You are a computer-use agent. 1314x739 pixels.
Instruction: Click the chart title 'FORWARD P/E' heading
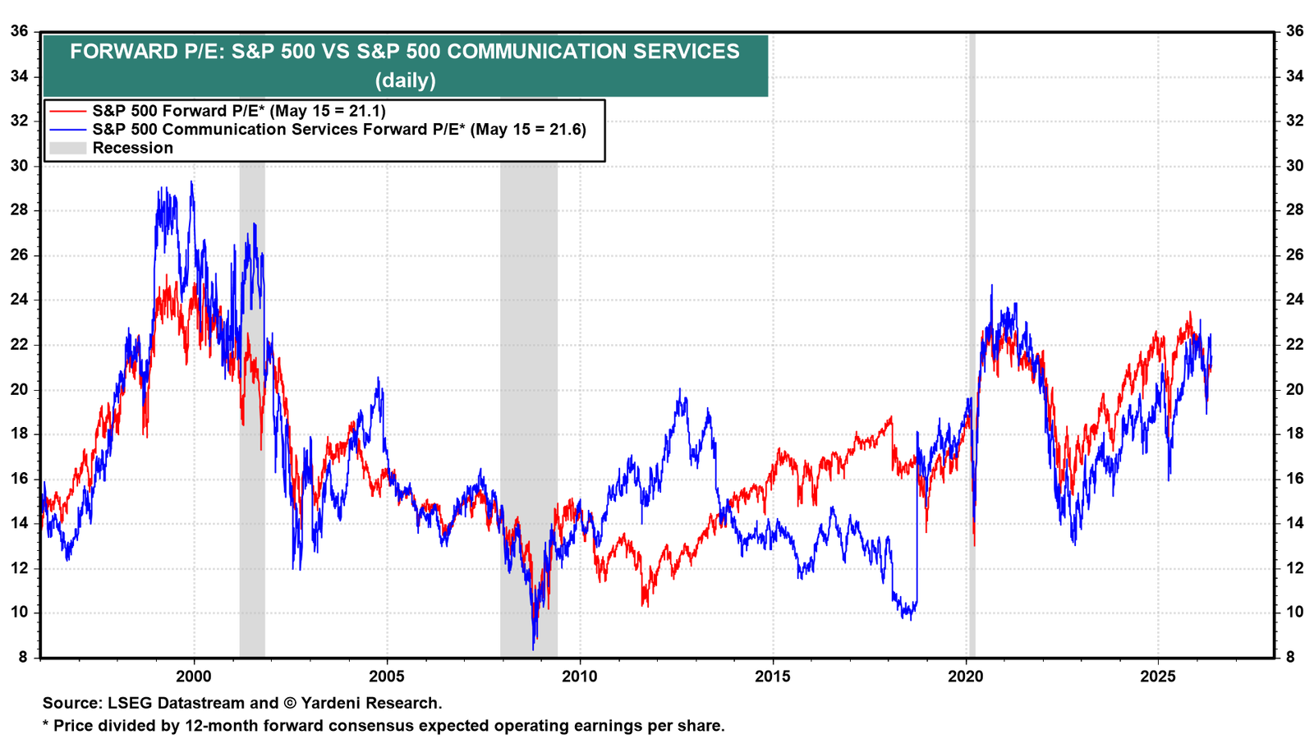[405, 52]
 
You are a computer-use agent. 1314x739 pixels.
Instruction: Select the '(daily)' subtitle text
[406, 80]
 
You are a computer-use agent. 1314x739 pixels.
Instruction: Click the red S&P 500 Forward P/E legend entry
[217, 111]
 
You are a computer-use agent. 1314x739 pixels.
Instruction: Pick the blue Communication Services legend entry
[317, 129]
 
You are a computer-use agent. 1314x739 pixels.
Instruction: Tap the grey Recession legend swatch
[67, 148]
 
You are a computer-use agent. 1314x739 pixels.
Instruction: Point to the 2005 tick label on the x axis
[387, 677]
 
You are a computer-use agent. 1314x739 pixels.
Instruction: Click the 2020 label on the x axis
[966, 677]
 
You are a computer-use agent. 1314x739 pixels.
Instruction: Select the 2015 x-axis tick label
[773, 677]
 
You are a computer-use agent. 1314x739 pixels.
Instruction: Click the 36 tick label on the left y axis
[20, 31]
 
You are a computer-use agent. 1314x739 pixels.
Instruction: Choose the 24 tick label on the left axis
[20, 300]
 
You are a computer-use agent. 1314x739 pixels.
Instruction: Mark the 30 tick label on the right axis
[1294, 165]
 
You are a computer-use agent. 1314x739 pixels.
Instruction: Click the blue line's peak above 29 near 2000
[191, 181]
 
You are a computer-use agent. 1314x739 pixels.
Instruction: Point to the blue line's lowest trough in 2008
[533, 649]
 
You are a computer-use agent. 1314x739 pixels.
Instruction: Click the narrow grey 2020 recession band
[972, 345]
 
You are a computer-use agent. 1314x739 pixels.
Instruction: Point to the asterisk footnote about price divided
[384, 726]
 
